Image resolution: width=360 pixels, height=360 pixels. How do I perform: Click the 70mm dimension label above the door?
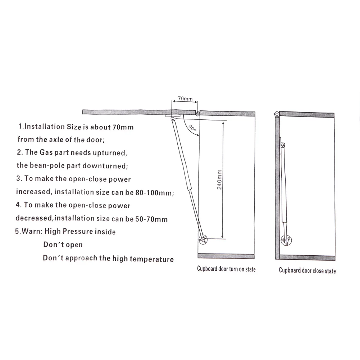pyautogui.click(x=185, y=99)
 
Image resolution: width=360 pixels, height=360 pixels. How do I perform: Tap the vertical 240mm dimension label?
pyautogui.click(x=219, y=179)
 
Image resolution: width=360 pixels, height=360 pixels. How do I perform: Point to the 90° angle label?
pyautogui.click(x=192, y=128)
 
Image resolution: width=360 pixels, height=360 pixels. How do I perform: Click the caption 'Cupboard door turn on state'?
pyautogui.click(x=226, y=269)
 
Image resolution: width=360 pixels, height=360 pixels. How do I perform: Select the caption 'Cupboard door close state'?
pyautogui.click(x=307, y=270)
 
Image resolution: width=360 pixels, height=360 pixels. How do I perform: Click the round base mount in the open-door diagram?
pyautogui.click(x=203, y=240)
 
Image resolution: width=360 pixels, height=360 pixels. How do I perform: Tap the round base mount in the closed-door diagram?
pyautogui.click(x=286, y=240)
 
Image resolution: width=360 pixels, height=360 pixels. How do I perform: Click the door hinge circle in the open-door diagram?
pyautogui.click(x=197, y=114)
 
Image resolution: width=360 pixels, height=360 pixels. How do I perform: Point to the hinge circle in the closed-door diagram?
pyautogui.click(x=277, y=114)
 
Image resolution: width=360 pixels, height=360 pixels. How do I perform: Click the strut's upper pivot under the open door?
pyautogui.click(x=173, y=119)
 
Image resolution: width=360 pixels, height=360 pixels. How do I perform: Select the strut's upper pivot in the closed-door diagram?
pyautogui.click(x=283, y=145)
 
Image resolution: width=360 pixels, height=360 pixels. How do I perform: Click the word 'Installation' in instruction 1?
pyautogui.click(x=44, y=127)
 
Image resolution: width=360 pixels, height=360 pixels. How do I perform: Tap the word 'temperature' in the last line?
pyautogui.click(x=151, y=259)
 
